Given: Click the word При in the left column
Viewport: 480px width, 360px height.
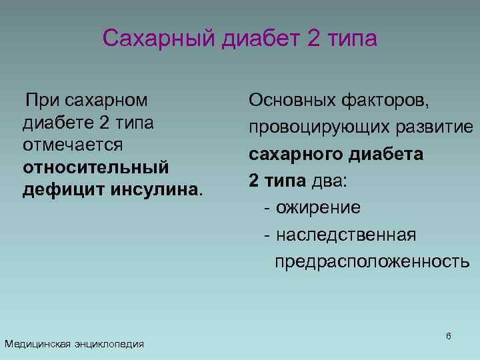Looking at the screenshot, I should pyautogui.click(x=43, y=101).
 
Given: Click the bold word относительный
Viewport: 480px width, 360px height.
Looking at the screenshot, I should pyautogui.click(x=96, y=167).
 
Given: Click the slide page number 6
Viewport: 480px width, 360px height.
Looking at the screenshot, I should pyautogui.click(x=449, y=336).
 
